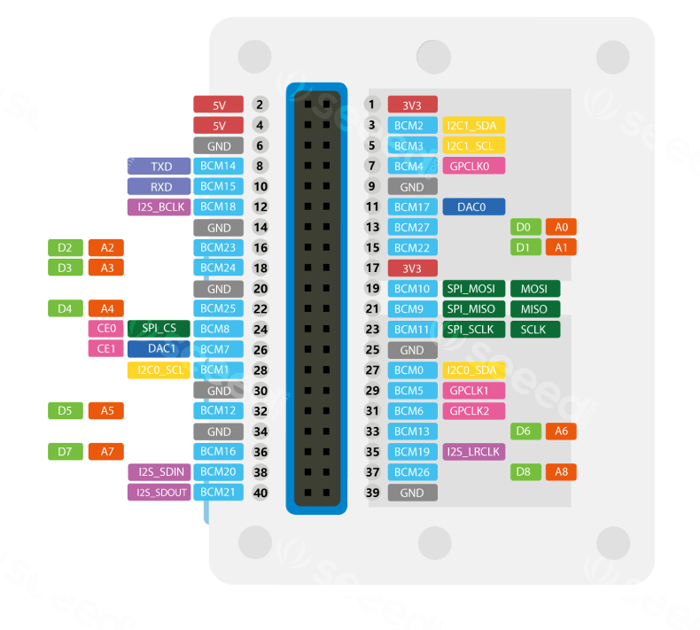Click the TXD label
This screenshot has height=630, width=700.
(159, 166)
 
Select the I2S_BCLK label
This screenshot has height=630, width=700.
(159, 206)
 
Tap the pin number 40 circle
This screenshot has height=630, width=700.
(260, 492)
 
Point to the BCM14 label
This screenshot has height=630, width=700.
(218, 166)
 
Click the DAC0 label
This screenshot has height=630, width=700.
(473, 206)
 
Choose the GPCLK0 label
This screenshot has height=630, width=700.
(473, 166)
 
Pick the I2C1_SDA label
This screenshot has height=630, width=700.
(473, 125)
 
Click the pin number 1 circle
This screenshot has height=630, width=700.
(372, 105)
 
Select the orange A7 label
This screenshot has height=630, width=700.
(106, 451)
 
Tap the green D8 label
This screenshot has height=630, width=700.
(523, 471)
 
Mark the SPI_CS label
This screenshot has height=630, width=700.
(159, 329)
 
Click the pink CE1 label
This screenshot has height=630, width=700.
(106, 349)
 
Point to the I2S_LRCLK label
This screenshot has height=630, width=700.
(473, 451)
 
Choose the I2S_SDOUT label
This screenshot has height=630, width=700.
(159, 492)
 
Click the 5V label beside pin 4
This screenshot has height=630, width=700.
(219, 125)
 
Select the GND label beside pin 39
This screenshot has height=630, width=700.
(412, 492)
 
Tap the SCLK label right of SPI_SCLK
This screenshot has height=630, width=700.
(534, 329)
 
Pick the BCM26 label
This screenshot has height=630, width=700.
(412, 471)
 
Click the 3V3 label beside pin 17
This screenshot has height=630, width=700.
(412, 268)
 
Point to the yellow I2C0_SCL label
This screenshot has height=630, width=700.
(159, 369)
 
